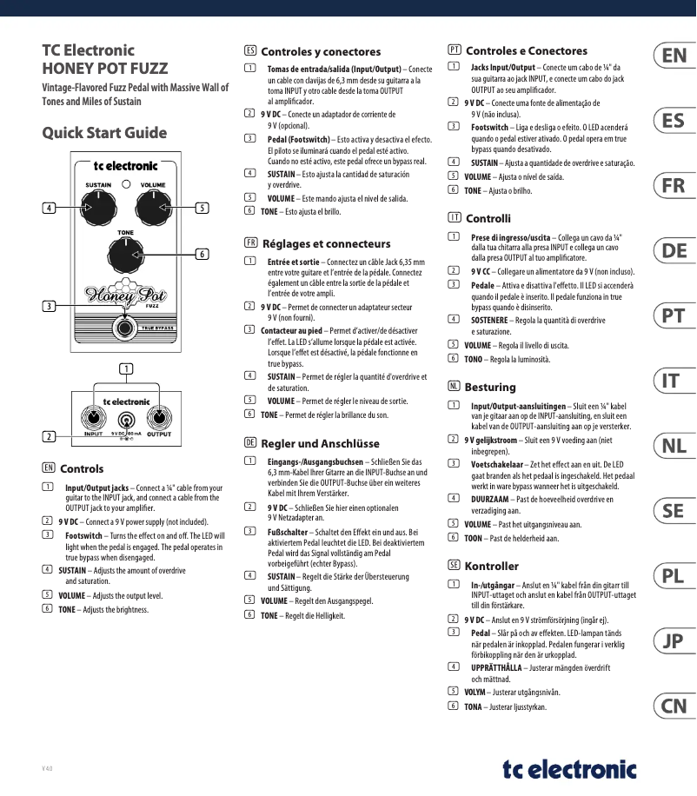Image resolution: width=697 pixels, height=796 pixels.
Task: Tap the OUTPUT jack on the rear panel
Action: coord(158,417)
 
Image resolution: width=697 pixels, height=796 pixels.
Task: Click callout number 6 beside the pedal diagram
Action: coord(202,254)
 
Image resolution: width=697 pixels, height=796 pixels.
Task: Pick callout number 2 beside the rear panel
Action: coord(50,436)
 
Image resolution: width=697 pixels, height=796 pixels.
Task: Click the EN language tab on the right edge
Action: coord(674,56)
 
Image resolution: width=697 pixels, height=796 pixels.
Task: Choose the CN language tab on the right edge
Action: coord(674,706)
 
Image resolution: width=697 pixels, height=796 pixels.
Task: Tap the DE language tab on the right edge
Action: coord(674,251)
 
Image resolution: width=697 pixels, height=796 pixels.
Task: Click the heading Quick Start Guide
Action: coord(104,133)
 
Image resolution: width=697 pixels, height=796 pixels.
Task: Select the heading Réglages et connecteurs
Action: coord(326,244)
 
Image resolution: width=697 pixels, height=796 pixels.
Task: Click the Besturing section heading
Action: coord(490,387)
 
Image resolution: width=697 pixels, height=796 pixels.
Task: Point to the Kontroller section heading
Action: coord(492,566)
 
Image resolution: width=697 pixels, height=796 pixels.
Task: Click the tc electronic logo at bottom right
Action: coord(569,768)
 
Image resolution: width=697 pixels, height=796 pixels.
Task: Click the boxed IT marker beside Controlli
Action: coord(454,218)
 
